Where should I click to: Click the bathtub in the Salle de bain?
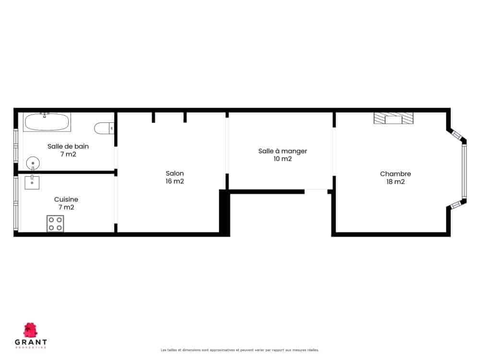tap(48, 122)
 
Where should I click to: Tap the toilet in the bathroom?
tap(104, 128)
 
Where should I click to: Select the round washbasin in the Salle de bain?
tap(33, 163)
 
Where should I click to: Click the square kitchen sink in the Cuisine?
tap(32, 182)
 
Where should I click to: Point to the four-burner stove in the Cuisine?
tap(55, 224)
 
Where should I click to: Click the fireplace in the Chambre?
tap(394, 118)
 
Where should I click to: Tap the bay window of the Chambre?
tap(464, 171)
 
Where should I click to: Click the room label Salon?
tap(175, 173)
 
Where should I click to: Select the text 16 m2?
tap(175, 181)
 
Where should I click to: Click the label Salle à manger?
tap(282, 151)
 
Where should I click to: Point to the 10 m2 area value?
tap(282, 159)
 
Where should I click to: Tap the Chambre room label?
tap(395, 174)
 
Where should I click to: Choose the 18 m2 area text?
tap(395, 181)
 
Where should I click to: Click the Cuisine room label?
tap(66, 199)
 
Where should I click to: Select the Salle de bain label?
tap(68, 146)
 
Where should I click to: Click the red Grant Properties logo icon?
tap(31, 330)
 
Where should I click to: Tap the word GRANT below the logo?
tap(31, 342)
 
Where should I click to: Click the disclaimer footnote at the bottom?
tap(240, 350)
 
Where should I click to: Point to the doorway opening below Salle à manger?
tap(316, 192)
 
